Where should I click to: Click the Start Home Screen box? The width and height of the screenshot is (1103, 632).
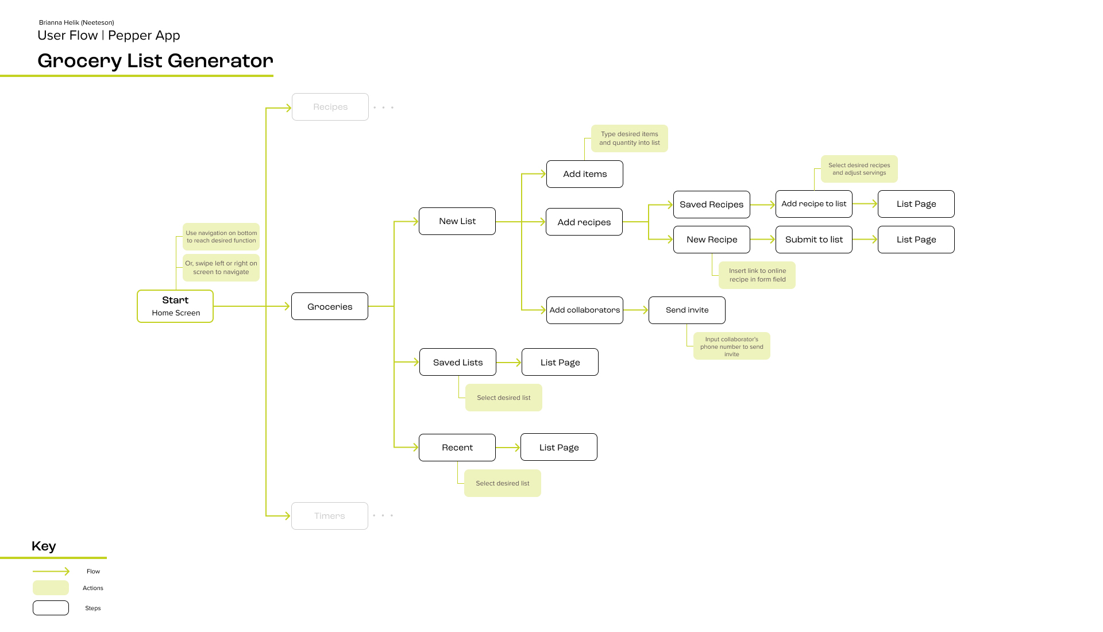pos(175,306)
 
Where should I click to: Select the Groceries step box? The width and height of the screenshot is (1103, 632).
pos(330,306)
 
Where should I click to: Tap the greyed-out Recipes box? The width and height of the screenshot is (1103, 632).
pos(330,107)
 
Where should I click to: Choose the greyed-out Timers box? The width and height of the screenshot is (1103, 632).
pos(330,516)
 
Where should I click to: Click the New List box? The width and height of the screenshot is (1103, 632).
pos(457,221)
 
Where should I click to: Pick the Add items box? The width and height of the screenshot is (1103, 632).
pos(585,174)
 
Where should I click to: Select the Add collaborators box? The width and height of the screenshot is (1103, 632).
pos(585,310)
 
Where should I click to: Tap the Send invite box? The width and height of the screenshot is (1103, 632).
pos(687,310)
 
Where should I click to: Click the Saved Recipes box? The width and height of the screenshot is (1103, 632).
pos(712,205)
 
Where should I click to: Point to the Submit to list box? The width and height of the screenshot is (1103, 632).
pos(814,240)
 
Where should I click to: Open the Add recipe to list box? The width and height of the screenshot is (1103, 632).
pos(814,204)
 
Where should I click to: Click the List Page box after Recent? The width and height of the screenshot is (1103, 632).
pos(559,447)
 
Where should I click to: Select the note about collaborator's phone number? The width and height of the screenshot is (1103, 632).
pos(732,346)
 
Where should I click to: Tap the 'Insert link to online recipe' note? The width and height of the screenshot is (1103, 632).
pos(757,275)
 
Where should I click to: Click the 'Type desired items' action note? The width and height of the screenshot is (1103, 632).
pos(630,138)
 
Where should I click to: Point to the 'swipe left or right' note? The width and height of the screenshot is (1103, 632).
pos(221,268)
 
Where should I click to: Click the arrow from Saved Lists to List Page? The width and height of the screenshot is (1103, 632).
pos(509,363)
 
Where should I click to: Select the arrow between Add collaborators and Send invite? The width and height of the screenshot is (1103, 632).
pos(636,310)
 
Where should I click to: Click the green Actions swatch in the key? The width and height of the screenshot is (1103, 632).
pos(51,588)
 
